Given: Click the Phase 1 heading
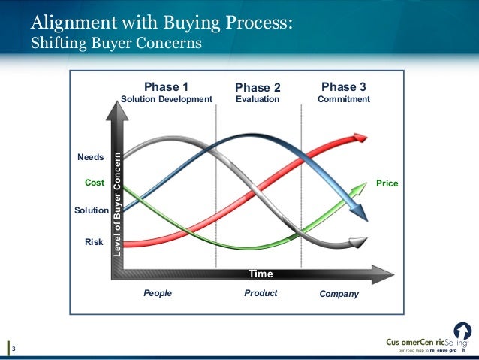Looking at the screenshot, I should coord(165,86).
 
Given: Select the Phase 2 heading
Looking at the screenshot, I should coord(258,86).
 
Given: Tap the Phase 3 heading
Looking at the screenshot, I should coord(343,86).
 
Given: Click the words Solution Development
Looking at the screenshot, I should coord(167,99).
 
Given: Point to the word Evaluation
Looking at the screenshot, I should coord(258,99).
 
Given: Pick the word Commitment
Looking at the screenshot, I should coord(344,99).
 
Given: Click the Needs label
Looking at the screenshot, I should coord(91,158).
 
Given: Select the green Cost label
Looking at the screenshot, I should coord(95,183).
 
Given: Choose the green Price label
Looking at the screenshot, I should coord(387,183).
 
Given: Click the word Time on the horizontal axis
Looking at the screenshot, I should coord(261,274).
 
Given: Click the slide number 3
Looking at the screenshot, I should coord(14,348).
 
